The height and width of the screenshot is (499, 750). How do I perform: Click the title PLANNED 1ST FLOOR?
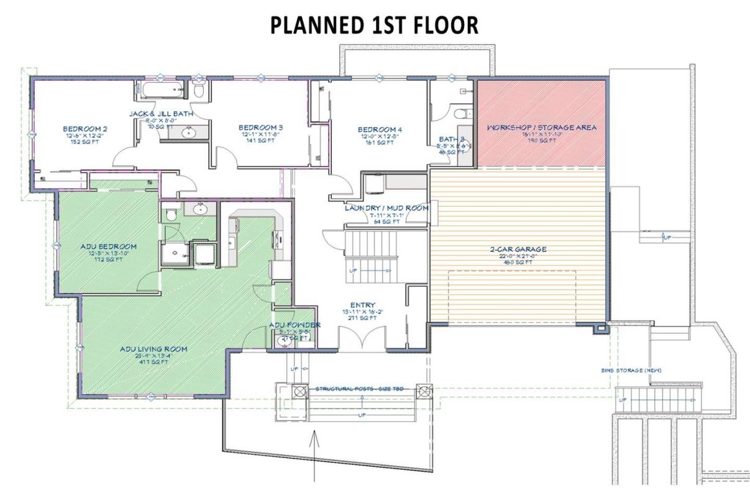tap(375, 25)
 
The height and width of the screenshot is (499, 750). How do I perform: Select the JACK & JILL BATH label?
tap(161, 114)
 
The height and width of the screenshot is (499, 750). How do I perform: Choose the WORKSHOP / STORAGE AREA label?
tap(541, 127)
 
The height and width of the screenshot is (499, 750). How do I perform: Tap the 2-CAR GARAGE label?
tap(517, 249)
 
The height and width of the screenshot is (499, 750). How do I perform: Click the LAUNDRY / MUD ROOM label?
tap(386, 208)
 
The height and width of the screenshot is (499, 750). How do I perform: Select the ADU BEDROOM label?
tap(108, 246)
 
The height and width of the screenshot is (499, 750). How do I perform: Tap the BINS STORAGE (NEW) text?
tap(631, 371)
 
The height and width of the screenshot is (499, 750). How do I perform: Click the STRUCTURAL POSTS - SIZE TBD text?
tap(359, 388)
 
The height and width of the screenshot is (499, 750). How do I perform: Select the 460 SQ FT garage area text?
tap(517, 262)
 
